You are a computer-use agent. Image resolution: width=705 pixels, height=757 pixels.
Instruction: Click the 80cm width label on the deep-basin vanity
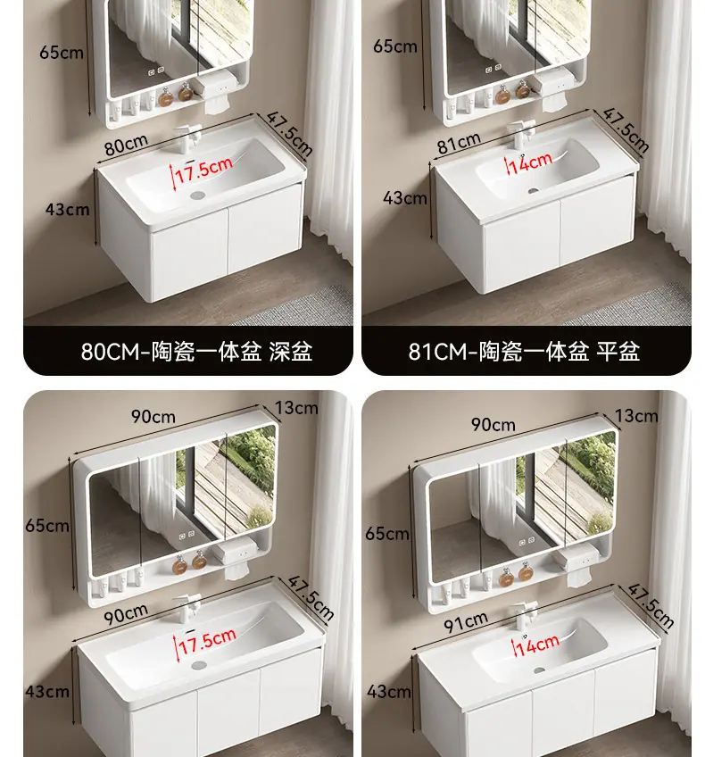[x=127, y=144]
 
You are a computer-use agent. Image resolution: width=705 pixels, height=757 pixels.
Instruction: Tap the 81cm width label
[x=459, y=143]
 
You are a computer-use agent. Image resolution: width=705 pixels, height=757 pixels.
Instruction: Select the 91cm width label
[x=466, y=622]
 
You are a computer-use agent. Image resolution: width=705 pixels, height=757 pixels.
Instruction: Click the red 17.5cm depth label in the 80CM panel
[x=203, y=170]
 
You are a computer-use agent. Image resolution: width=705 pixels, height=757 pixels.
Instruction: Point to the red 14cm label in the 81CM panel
[x=530, y=162]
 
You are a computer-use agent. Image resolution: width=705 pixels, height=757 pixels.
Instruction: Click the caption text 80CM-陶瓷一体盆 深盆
[x=196, y=352]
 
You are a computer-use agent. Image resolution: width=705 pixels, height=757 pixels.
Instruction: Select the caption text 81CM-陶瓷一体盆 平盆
[x=524, y=352]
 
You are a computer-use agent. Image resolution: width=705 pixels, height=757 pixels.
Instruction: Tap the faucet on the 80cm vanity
[x=188, y=137]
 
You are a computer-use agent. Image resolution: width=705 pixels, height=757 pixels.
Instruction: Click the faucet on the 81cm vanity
[x=521, y=134]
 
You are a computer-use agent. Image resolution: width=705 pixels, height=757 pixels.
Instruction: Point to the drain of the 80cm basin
[x=198, y=195]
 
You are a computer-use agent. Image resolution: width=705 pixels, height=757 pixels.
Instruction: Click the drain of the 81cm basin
[x=533, y=191]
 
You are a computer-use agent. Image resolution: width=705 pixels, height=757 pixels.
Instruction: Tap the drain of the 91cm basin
[x=539, y=670]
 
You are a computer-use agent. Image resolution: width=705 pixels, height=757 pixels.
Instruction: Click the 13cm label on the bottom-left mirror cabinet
[x=296, y=408]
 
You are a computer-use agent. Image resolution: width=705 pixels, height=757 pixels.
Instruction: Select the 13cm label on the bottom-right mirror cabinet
[x=636, y=416]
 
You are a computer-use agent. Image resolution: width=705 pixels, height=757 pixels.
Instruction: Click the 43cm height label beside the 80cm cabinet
[x=68, y=210]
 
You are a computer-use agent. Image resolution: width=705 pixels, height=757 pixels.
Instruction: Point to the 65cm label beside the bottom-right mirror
[x=387, y=534]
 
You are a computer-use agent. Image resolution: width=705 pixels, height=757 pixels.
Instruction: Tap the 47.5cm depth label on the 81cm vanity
[x=625, y=129]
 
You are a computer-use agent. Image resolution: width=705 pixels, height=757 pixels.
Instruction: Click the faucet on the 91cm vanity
[x=524, y=616]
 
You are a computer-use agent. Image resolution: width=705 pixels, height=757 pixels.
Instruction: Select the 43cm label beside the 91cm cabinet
[x=389, y=691]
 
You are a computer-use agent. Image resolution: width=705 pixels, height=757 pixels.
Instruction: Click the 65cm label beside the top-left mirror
[x=62, y=52]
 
